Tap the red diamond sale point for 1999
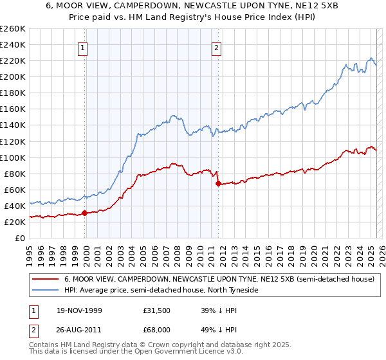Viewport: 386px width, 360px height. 85,213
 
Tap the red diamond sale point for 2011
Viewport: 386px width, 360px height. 218,183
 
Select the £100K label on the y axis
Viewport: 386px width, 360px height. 14,157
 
